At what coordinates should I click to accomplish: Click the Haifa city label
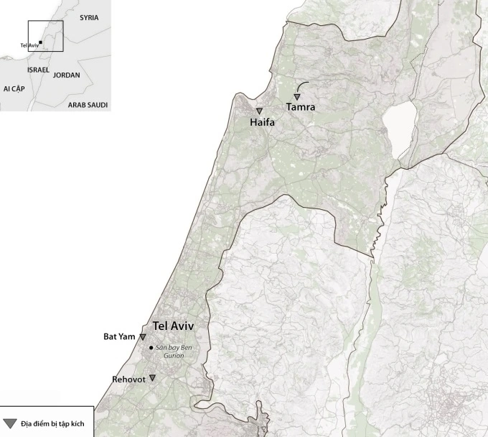tap(263, 123)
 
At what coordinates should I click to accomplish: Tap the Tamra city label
tap(301, 107)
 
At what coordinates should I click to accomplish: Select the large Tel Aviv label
tap(173, 326)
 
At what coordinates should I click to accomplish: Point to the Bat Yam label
tap(120, 336)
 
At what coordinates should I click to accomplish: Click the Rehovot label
tap(129, 379)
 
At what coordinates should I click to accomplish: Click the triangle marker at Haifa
tap(259, 111)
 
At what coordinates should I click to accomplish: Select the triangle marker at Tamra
tap(296, 96)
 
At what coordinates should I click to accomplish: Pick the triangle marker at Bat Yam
tap(143, 337)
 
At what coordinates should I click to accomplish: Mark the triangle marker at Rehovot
tap(152, 377)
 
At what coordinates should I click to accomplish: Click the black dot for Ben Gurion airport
tap(151, 348)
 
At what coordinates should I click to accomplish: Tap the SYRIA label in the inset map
tap(89, 17)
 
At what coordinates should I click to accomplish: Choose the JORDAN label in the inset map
tap(66, 75)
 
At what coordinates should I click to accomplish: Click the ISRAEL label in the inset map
tap(38, 70)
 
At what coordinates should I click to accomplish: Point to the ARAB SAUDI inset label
tap(88, 105)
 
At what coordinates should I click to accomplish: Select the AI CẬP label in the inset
tap(14, 88)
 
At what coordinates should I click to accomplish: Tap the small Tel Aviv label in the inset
tap(29, 45)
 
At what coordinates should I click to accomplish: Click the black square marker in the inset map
tap(41, 42)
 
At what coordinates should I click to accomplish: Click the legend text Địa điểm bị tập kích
tap(53, 424)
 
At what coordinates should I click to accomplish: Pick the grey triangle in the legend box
tap(10, 423)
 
